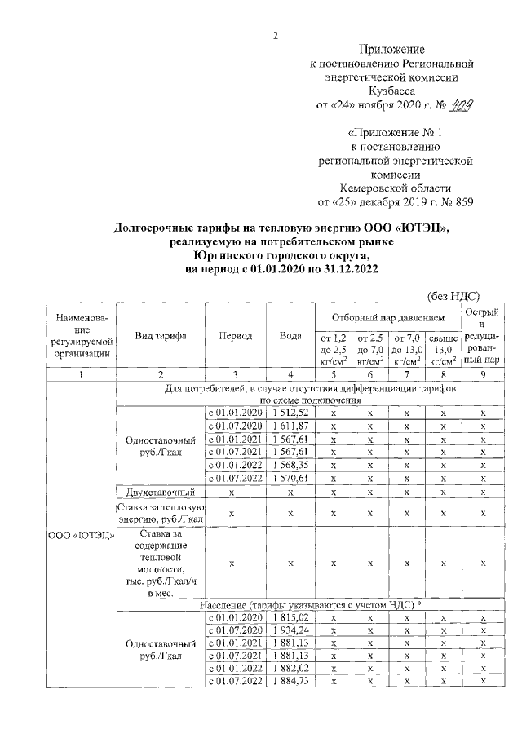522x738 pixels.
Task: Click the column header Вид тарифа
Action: tap(161, 336)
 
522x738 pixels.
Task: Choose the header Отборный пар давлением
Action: tap(387, 316)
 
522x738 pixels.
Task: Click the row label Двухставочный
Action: tap(161, 492)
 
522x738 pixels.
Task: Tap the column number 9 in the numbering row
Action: tap(483, 373)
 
